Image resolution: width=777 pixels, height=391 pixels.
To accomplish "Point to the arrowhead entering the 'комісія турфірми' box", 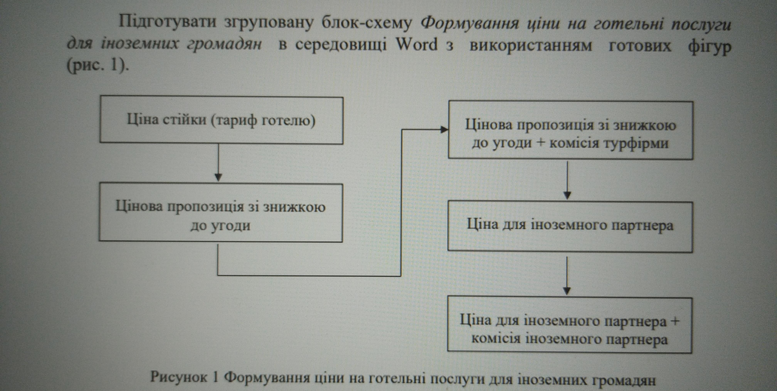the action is point(444,130).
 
